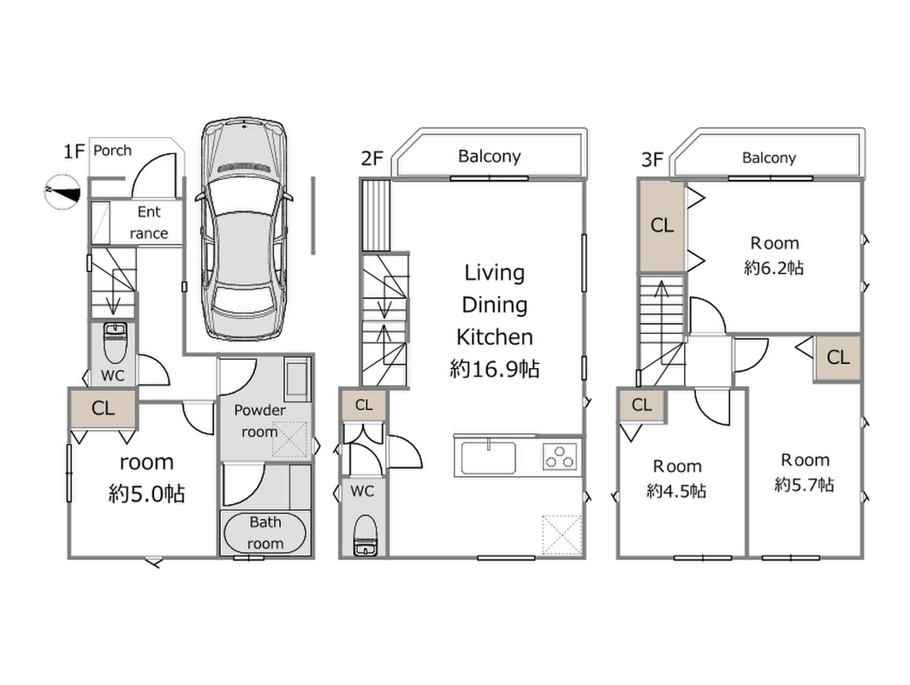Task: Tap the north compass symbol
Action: [x=62, y=193]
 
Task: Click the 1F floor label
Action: [x=74, y=152]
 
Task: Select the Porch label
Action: [x=112, y=151]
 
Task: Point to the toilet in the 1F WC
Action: [x=114, y=343]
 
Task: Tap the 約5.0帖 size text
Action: [x=146, y=494]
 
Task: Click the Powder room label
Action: [x=259, y=421]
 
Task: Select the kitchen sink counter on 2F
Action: [x=490, y=456]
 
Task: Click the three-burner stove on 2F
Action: [x=561, y=456]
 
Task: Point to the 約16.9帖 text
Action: [x=494, y=369]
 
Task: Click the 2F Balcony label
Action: [x=489, y=156]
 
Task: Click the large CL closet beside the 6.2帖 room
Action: [x=662, y=226]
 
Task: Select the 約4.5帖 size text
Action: [x=676, y=491]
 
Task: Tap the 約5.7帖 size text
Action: [x=804, y=485]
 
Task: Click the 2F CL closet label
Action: [x=364, y=405]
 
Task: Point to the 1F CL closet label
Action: [x=103, y=408]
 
